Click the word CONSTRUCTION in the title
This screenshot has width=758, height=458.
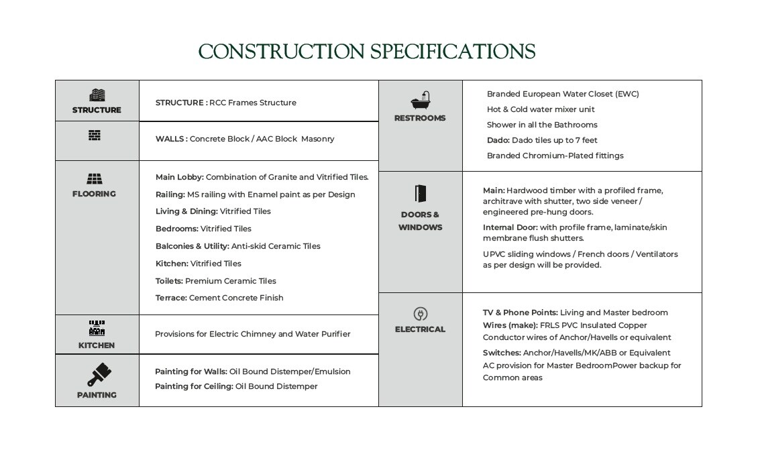point(282,52)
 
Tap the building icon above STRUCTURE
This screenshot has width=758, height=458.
point(97,95)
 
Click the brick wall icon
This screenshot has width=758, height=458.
point(95,135)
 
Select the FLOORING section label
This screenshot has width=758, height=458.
point(94,194)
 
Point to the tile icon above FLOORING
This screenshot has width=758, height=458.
point(95,179)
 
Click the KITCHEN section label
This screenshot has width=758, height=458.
point(97,345)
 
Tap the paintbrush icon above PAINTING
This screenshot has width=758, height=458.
point(99,374)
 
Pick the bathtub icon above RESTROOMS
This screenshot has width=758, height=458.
point(421,101)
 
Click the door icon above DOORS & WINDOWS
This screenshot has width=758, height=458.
point(421,194)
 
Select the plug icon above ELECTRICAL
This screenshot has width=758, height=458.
point(421,314)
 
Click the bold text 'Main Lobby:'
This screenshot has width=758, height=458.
point(179,177)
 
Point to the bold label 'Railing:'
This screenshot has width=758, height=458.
point(170,194)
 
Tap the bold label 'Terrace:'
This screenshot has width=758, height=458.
point(171,298)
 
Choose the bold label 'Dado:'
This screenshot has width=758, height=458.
point(498,140)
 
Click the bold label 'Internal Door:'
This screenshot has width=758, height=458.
point(510,227)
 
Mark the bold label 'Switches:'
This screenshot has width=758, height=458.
point(502,353)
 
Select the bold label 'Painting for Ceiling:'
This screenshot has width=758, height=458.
point(194,386)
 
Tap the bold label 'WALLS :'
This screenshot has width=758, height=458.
point(171,139)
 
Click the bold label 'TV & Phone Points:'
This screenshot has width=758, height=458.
point(520,312)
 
